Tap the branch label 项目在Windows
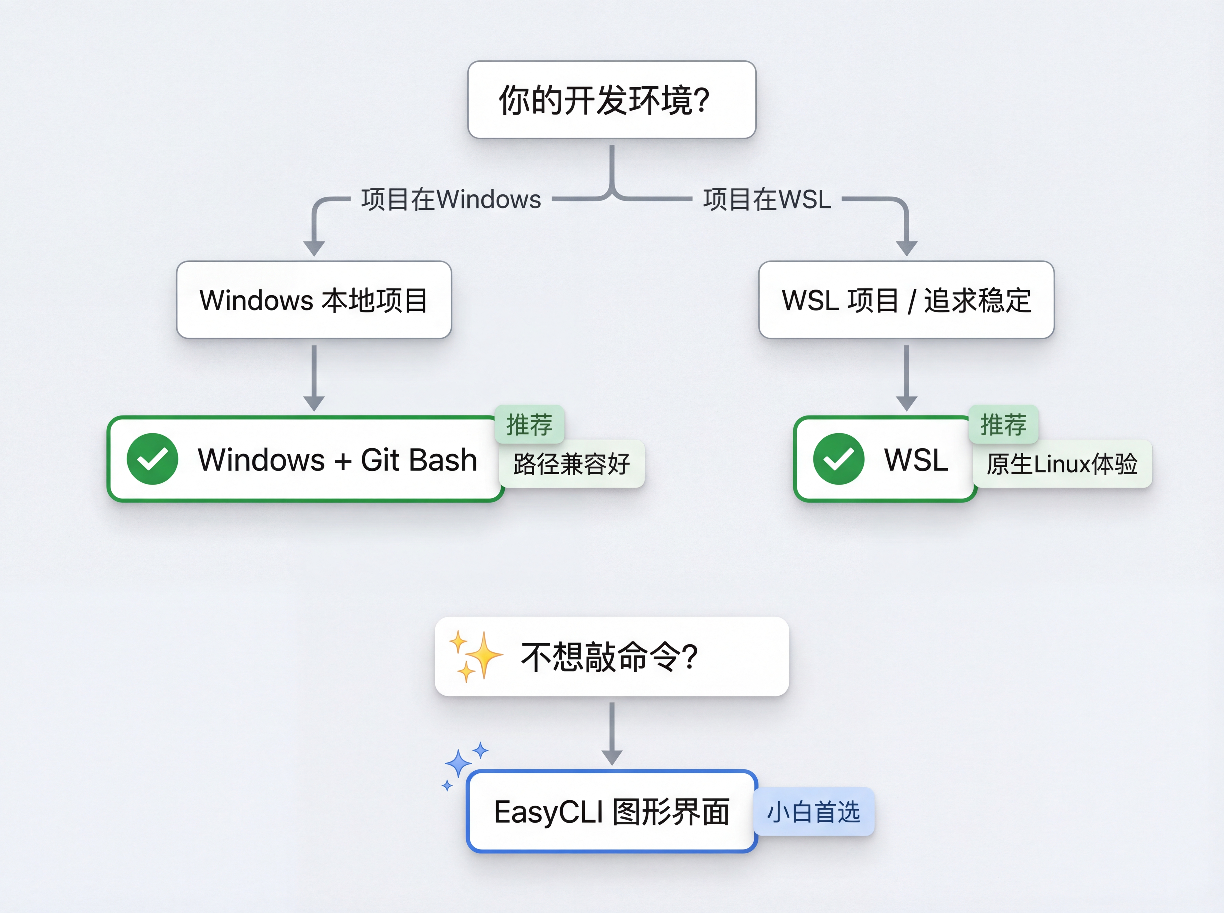pyautogui.click(x=451, y=199)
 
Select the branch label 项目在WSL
pyautogui.click(x=767, y=199)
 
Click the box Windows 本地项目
pyautogui.click(x=314, y=300)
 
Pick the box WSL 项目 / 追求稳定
pyautogui.click(x=906, y=300)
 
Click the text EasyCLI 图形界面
pyautogui.click(x=612, y=812)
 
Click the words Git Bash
pyautogui.click(x=419, y=460)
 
